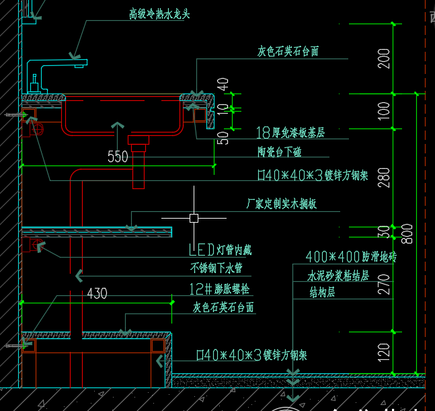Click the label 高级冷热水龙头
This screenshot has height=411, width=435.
pyautogui.click(x=159, y=14)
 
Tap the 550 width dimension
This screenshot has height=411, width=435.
pyautogui.click(x=118, y=157)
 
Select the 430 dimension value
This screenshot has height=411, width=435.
pyautogui.click(x=97, y=294)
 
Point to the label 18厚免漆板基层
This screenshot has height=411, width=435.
pyautogui.click(x=290, y=133)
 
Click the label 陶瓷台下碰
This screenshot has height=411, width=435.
pyautogui.click(x=279, y=152)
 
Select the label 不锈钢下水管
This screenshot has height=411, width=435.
pyautogui.click(x=216, y=268)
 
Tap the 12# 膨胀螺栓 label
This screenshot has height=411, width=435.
pyautogui.click(x=219, y=290)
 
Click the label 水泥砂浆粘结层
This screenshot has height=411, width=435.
pyautogui.click(x=338, y=276)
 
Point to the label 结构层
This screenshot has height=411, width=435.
pyautogui.click(x=322, y=293)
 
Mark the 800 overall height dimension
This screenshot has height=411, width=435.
pyautogui.click(x=407, y=233)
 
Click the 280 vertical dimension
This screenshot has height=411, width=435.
pyautogui.click(x=383, y=177)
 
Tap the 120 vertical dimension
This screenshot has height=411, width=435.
pyautogui.click(x=383, y=352)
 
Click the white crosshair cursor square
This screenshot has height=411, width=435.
pyautogui.click(x=194, y=218)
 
